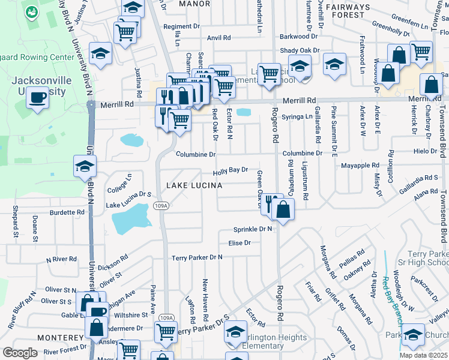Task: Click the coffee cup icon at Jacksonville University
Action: point(38,98)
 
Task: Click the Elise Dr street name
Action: point(239,243)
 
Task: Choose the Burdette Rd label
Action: point(67,212)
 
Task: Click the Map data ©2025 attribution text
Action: point(423,355)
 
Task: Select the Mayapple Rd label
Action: point(360,165)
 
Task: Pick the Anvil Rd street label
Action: point(218,38)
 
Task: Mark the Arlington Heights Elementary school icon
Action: point(237,332)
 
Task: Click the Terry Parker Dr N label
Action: point(197,257)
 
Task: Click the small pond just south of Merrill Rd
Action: point(244,112)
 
